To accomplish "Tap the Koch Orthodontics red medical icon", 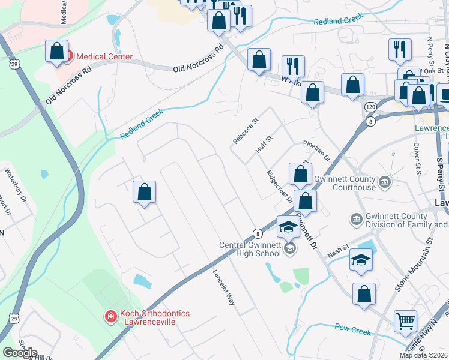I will (110, 316).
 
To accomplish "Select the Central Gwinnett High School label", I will (250, 248).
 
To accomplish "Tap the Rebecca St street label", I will (246, 130).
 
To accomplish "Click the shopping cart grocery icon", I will (406, 321).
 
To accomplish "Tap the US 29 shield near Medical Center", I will (14, 62).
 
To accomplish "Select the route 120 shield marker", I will (370, 107).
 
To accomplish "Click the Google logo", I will (20, 353).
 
